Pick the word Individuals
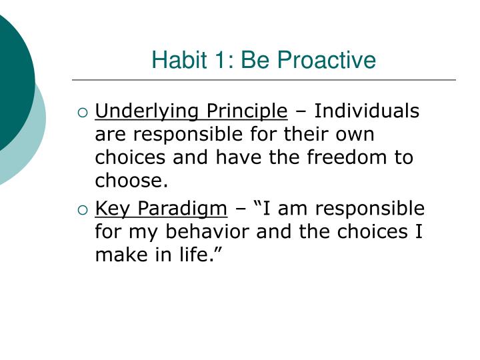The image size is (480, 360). click(x=367, y=111)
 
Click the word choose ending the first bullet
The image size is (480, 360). click(x=130, y=181)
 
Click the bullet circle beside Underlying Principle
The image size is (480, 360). click(x=82, y=112)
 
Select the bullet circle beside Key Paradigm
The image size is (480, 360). click(x=82, y=210)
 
